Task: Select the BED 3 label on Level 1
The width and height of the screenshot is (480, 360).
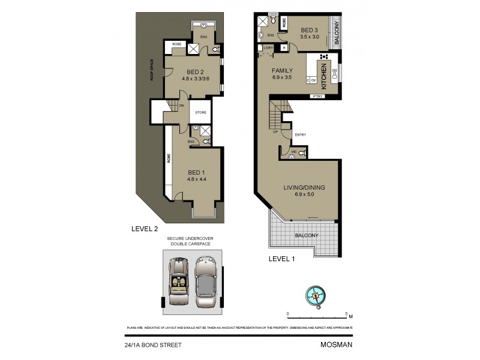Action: tap(309, 30)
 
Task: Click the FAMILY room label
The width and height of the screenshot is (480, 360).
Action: tap(282, 71)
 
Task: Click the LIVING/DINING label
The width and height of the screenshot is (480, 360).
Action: tap(304, 188)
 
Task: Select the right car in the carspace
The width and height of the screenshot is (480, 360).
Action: tap(205, 281)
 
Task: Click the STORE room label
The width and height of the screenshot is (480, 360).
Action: tap(201, 112)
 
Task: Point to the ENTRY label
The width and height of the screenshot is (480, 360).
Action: tap(300, 134)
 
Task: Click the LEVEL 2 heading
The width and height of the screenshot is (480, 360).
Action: tap(144, 229)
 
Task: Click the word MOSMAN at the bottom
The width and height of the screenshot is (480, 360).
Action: tap(337, 345)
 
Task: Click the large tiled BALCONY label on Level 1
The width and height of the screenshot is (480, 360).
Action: tap(306, 235)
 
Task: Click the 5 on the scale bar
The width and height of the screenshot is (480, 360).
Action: tap(347, 314)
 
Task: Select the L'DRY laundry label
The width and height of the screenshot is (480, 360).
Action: tap(268, 47)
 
